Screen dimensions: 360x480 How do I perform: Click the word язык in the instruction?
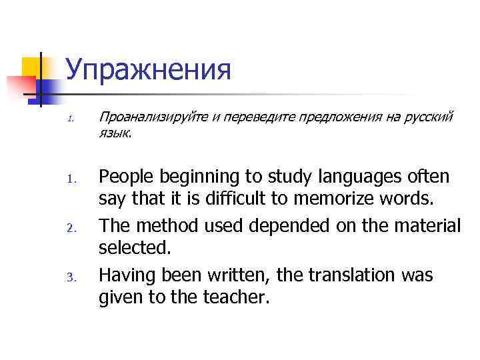click(x=115, y=133)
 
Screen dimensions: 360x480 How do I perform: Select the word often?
click(x=428, y=177)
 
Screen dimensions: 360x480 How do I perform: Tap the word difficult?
click(x=241, y=199)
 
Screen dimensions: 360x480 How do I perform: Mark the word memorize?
click(x=338, y=199)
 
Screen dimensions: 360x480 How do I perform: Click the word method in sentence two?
click(x=166, y=226)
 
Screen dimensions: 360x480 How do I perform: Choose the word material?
click(x=423, y=226)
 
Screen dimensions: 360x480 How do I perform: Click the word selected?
click(x=134, y=248)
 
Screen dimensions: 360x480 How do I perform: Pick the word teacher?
click(x=233, y=297)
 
